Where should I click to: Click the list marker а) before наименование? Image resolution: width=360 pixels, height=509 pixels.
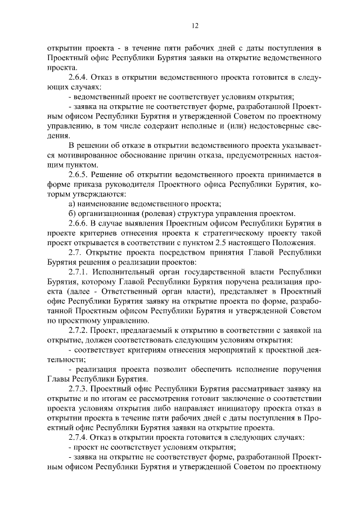pyautogui.click(x=71, y=204)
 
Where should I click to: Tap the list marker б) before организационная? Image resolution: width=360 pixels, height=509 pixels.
pyautogui.click(x=71, y=214)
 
